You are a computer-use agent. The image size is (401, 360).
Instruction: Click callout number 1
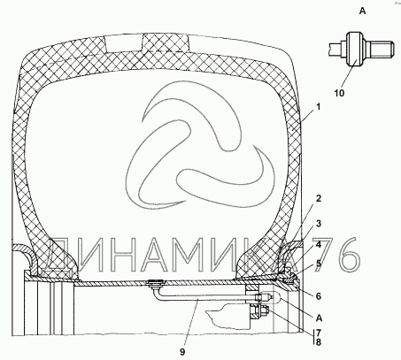pyautogui.click(x=319, y=107)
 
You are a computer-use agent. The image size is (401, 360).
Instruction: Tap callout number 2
pyautogui.click(x=319, y=198)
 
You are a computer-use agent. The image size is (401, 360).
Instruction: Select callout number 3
pyautogui.click(x=319, y=224)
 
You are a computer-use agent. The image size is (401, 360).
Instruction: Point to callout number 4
pyautogui.click(x=319, y=244)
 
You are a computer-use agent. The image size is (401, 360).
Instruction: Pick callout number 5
pyautogui.click(x=319, y=263)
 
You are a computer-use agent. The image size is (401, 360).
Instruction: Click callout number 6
pyautogui.click(x=319, y=296)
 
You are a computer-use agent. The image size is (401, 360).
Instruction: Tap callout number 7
pyautogui.click(x=319, y=333)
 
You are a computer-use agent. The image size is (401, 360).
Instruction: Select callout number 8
pyautogui.click(x=319, y=342)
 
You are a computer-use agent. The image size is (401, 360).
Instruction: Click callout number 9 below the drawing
pyautogui.click(x=182, y=352)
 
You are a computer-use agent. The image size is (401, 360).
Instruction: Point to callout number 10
pyautogui.click(x=339, y=93)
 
